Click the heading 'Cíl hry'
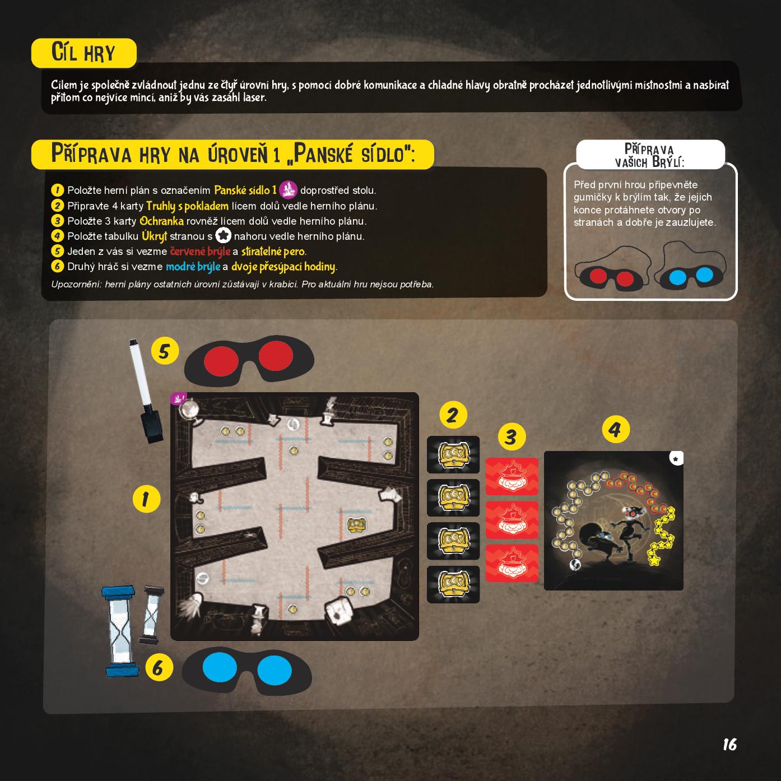click(x=83, y=53)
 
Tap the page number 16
click(x=729, y=744)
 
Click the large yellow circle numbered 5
click(x=165, y=351)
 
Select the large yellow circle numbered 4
click(x=616, y=429)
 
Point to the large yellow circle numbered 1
click(x=146, y=499)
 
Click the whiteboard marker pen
click(x=146, y=390)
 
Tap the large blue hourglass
click(x=119, y=631)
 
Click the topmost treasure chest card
click(x=453, y=454)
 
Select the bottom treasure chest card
click(x=453, y=584)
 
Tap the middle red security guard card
click(x=512, y=520)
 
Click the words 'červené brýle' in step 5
click(x=200, y=252)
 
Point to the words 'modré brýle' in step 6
click(x=193, y=267)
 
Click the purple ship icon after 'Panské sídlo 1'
click(x=288, y=189)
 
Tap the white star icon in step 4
click(x=224, y=235)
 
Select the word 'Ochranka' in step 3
click(x=161, y=221)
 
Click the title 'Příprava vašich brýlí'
click(x=650, y=155)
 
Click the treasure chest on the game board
click(x=357, y=526)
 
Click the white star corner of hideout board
click(x=676, y=459)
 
